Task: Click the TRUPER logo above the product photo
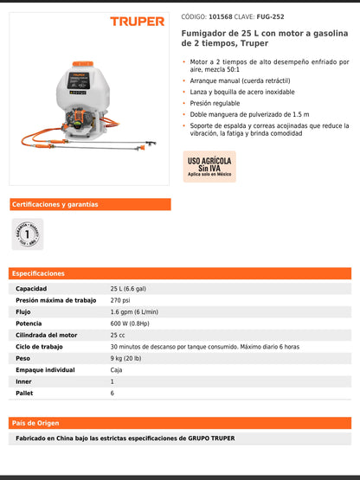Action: pos(137,21)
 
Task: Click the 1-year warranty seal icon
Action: pos(27,234)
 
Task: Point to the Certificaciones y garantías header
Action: pos(55,205)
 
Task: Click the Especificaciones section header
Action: pos(38,273)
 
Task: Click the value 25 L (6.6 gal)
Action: pos(128,289)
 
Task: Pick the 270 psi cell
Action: pos(119,300)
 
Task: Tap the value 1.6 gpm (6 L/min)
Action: pos(134,311)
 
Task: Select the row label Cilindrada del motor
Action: pos(46,335)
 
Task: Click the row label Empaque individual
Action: pos(45,369)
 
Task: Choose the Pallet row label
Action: pos(24,393)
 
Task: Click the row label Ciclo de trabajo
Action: pos(39,347)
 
